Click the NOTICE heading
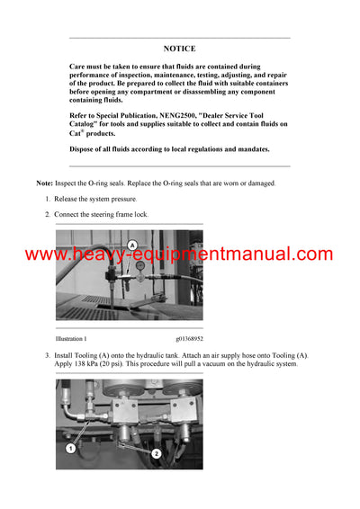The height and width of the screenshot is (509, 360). pos(179,49)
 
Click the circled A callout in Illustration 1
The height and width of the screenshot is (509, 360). pos(132,245)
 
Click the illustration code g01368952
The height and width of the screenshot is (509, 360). pos(185,339)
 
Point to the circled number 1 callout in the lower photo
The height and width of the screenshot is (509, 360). pos(67,446)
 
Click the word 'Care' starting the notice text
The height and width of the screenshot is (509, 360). pos(78,67)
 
